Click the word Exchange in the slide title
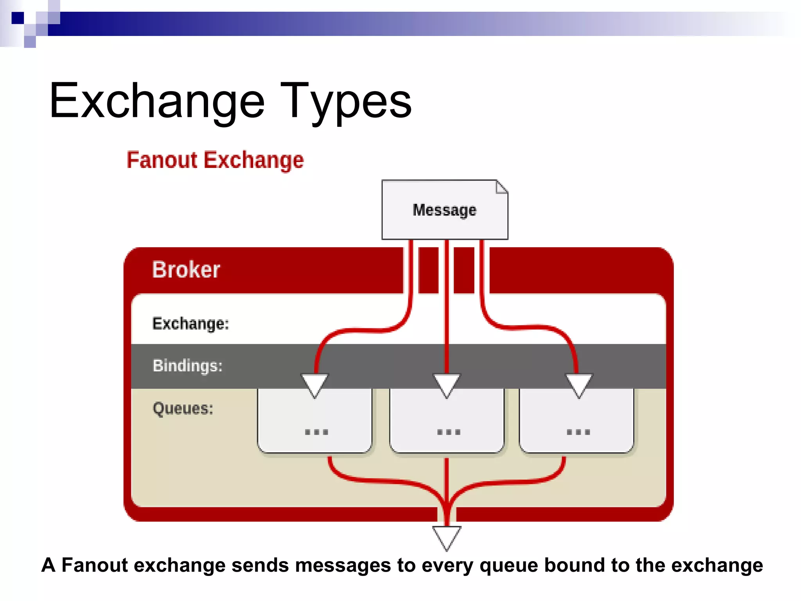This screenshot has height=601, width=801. pyautogui.click(x=156, y=101)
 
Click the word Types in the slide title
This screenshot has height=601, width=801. pyautogui.click(x=346, y=101)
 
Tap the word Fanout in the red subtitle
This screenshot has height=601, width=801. pyautogui.click(x=162, y=160)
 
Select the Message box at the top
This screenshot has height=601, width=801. pyautogui.click(x=444, y=210)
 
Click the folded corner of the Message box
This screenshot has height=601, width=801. pyautogui.click(x=502, y=186)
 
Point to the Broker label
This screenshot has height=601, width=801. pyautogui.click(x=186, y=270)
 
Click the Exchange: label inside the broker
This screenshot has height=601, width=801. pyautogui.click(x=190, y=324)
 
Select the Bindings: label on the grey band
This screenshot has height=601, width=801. pyautogui.click(x=187, y=366)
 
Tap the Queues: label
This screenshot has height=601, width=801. pyautogui.click(x=183, y=408)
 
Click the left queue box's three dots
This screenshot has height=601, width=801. pyautogui.click(x=316, y=432)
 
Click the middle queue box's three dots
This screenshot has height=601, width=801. pyautogui.click(x=449, y=432)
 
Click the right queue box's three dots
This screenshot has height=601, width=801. pyautogui.click(x=578, y=432)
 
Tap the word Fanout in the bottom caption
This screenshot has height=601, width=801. pyautogui.click(x=95, y=565)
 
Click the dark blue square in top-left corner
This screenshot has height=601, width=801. pyautogui.click(x=18, y=18)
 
